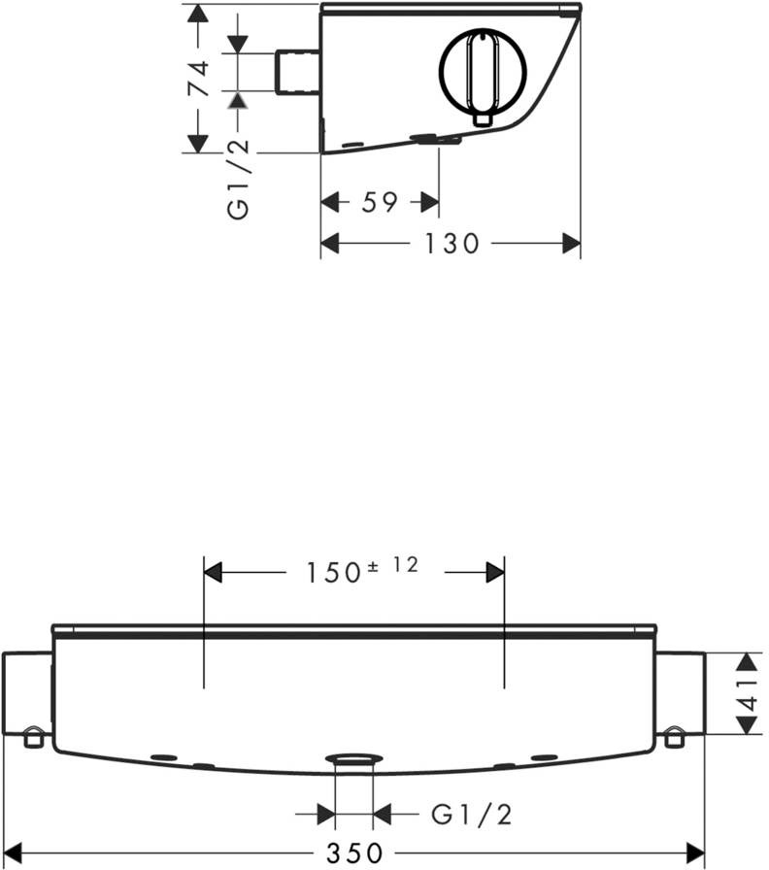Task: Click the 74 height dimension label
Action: click(x=199, y=79)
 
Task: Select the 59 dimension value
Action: click(x=380, y=202)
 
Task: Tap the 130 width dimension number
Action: click(x=451, y=244)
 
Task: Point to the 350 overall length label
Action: click(x=354, y=853)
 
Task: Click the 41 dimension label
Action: click(x=749, y=693)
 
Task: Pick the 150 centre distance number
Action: click(x=334, y=573)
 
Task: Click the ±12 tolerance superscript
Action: click(x=393, y=565)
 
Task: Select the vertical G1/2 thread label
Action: click(x=239, y=180)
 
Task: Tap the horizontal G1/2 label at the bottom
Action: click(x=471, y=815)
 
